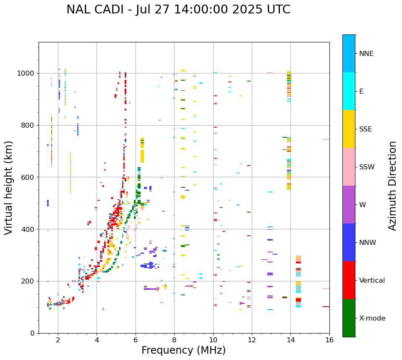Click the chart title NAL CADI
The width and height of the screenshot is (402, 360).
(96, 10)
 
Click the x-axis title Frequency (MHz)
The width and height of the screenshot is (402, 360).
(183, 350)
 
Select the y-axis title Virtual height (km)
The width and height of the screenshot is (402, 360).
(9, 188)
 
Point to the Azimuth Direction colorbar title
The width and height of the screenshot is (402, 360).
(392, 186)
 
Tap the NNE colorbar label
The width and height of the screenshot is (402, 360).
(366, 54)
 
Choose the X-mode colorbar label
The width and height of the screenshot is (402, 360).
(372, 318)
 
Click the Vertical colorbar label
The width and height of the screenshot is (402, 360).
(372, 281)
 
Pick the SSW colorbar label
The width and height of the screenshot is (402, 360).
(367, 167)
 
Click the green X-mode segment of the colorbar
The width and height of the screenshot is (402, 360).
(349, 318)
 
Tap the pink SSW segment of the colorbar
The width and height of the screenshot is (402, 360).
(349, 167)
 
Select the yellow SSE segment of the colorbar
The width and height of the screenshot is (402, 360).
(349, 129)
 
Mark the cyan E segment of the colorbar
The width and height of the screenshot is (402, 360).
(349, 91)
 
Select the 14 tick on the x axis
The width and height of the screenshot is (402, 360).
(290, 339)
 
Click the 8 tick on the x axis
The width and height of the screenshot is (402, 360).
(174, 339)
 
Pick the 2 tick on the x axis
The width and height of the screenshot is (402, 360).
(58, 339)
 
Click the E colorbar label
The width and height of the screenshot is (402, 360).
(361, 92)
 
